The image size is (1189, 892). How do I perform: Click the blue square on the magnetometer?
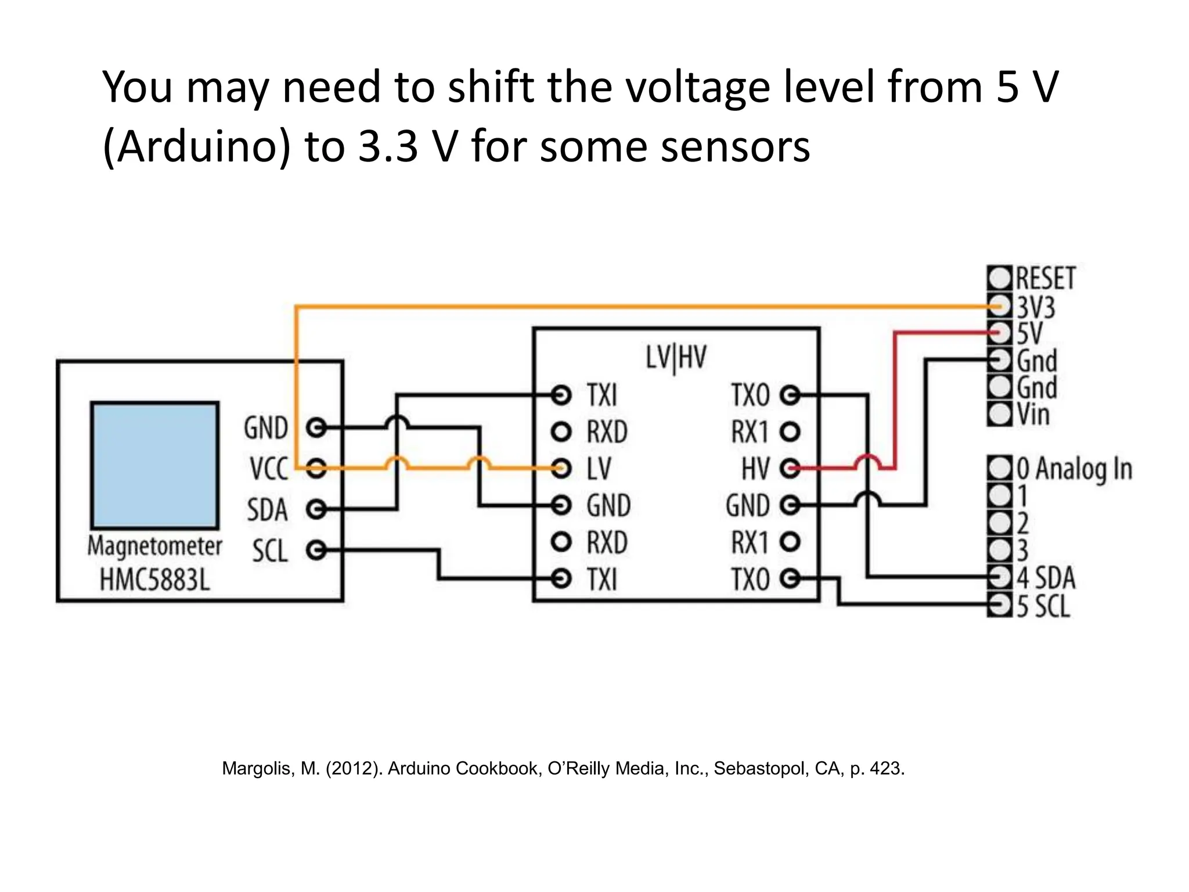pos(155,465)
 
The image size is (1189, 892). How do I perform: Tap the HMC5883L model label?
pos(154,580)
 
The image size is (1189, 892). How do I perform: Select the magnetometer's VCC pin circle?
pos(316,467)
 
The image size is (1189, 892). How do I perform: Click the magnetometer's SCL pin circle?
pos(316,549)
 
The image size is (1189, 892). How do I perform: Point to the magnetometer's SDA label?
pos(267,510)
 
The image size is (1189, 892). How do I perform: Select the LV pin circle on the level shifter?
pos(561,468)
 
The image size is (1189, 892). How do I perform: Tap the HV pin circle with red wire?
pos(790,468)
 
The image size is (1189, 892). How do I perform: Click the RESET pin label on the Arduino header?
pos(1046,278)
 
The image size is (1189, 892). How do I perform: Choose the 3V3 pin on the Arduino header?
pos(1000,305)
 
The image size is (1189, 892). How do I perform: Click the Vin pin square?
pos(1000,414)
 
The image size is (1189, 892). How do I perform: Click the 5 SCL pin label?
pos(1043,606)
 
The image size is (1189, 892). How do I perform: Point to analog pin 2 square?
pos(1000,523)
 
